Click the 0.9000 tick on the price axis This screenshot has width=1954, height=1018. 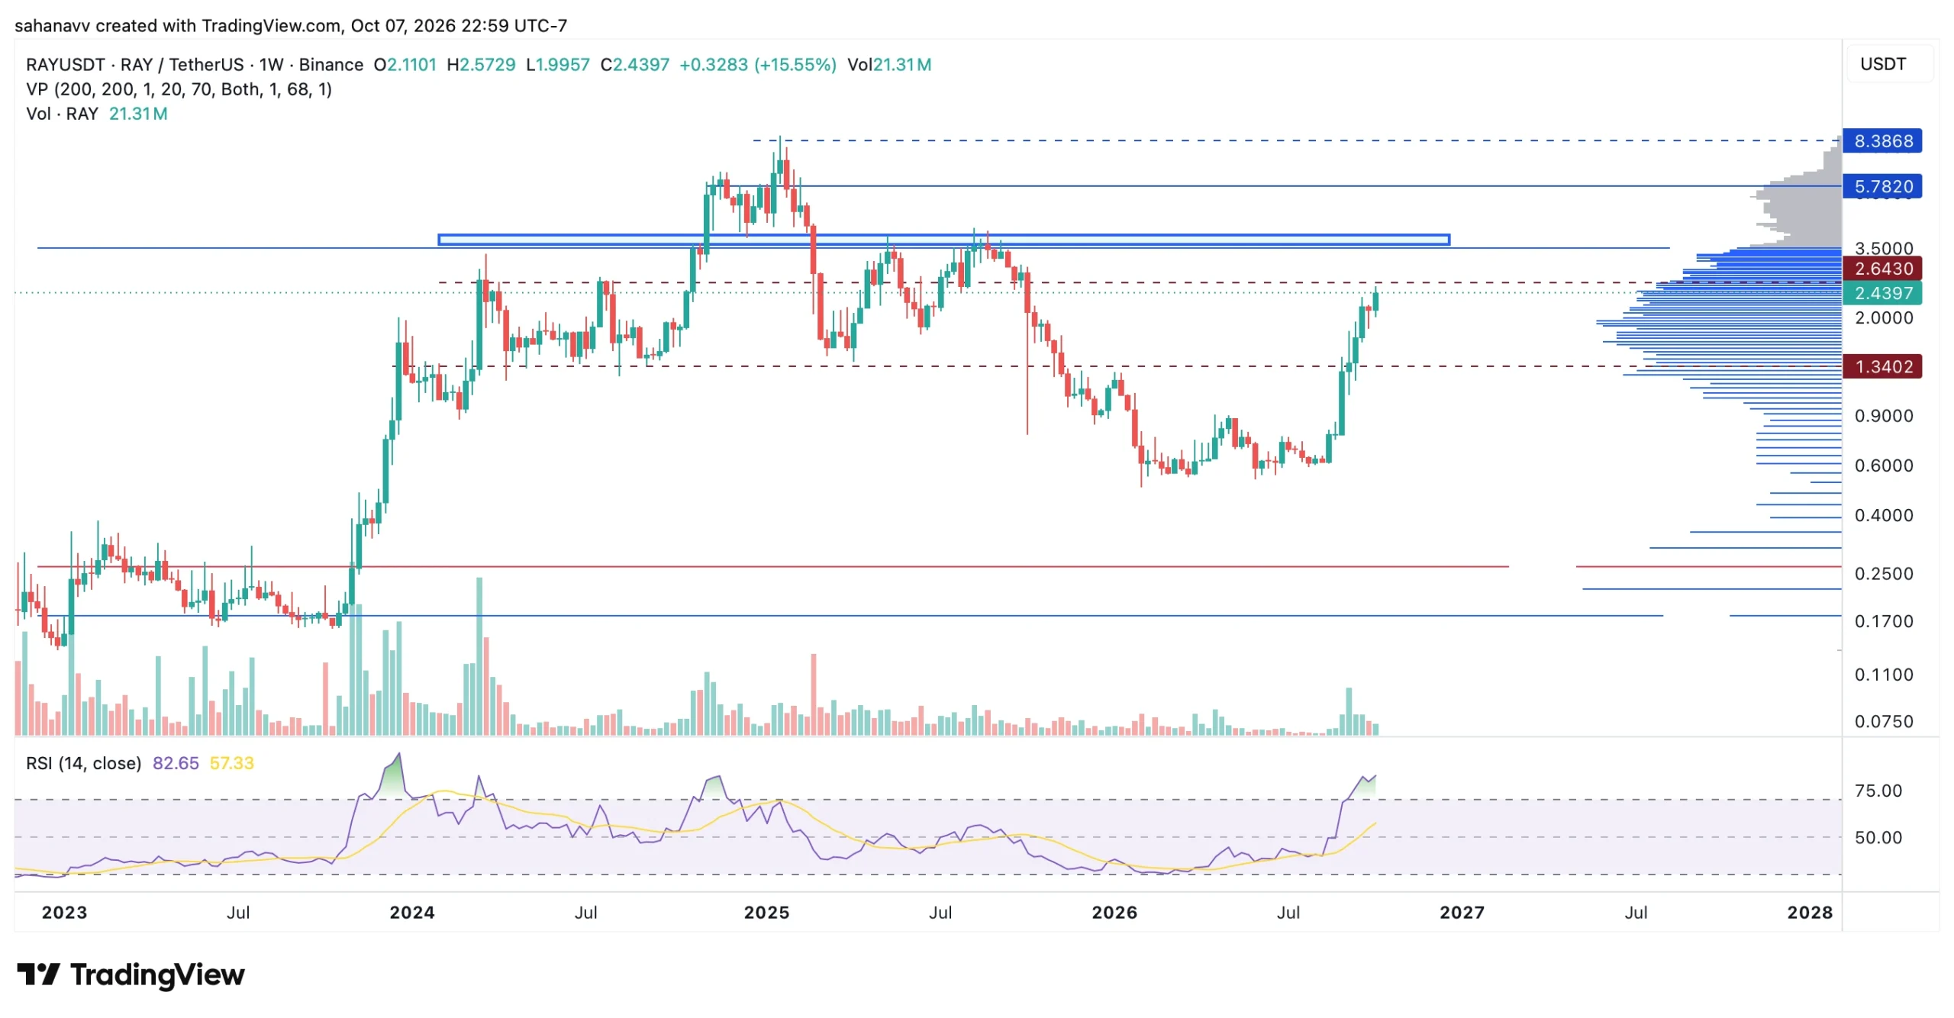1884,416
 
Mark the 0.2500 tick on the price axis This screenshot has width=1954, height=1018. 1884,574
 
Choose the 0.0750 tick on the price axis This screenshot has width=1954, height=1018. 1884,722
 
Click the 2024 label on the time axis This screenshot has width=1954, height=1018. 412,913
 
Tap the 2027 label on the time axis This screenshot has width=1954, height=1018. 1462,913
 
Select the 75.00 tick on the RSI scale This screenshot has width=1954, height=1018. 1878,791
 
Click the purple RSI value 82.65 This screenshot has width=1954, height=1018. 176,763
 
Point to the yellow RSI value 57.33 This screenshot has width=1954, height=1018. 232,763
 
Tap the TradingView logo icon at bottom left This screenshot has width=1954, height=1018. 38,975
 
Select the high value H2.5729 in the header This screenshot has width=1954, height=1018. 481,65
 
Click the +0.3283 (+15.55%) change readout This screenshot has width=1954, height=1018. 757,65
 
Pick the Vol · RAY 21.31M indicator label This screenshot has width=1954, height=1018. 97,114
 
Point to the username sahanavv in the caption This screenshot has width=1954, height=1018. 53,26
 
